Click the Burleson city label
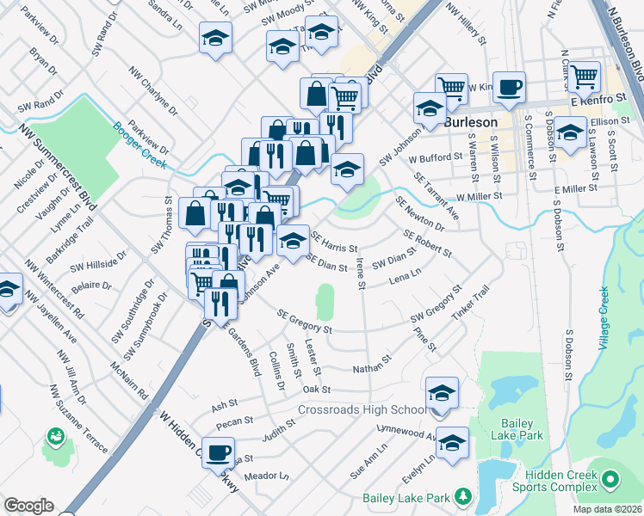[x=472, y=122]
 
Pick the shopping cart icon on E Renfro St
[x=585, y=77]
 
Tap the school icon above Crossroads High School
[x=442, y=392]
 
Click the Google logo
[x=28, y=506]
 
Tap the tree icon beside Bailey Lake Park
[x=463, y=497]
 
